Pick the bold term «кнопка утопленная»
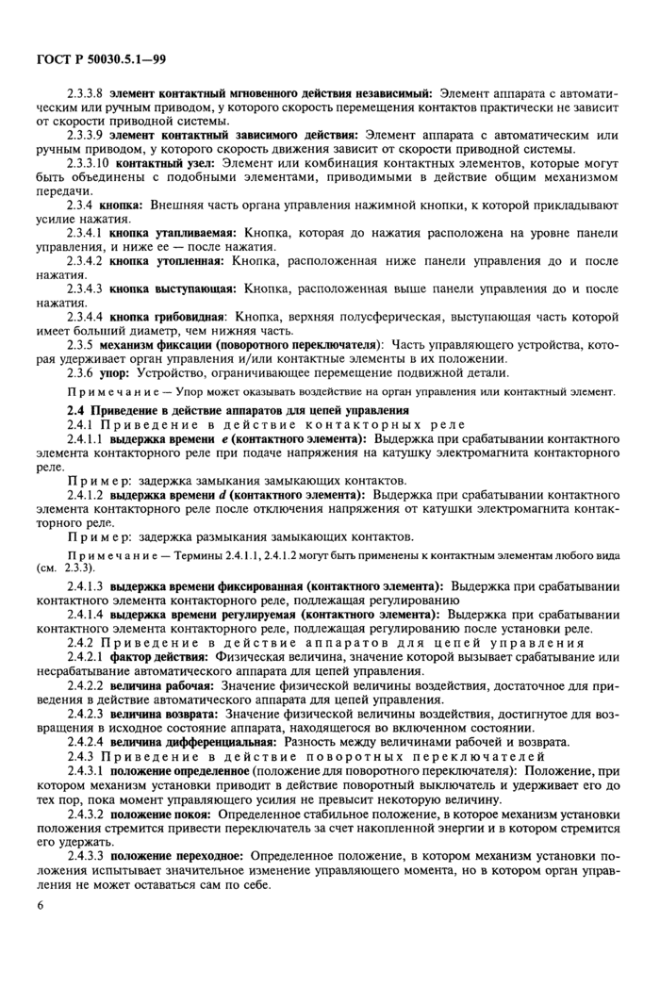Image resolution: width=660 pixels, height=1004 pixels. pyautogui.click(x=164, y=261)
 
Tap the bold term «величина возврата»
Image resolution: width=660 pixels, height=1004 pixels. pyautogui.click(x=164, y=713)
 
